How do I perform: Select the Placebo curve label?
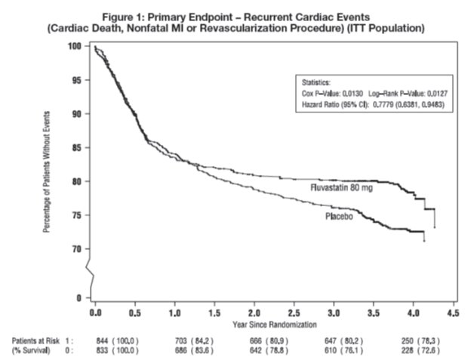(x=340, y=216)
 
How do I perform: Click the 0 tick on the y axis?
(x=78, y=297)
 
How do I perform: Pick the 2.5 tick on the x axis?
(x=294, y=312)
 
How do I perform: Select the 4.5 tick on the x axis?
(x=453, y=312)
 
